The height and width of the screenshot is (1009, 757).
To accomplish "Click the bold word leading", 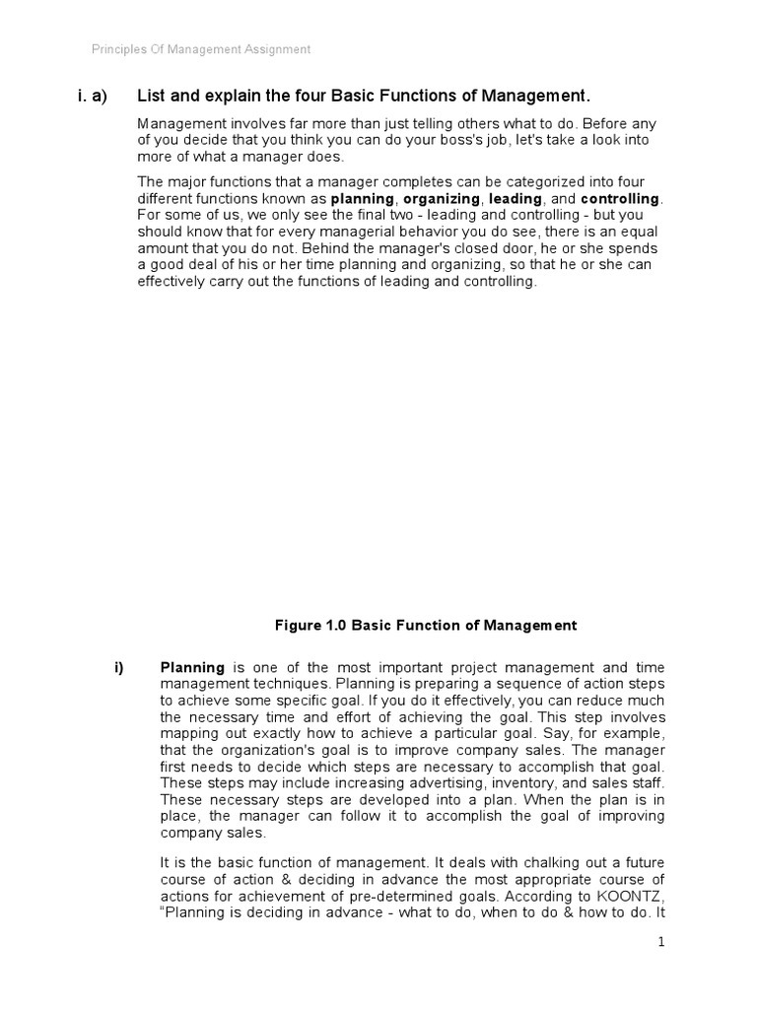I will point(516,198).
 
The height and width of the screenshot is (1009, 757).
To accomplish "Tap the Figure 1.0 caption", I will point(425,625).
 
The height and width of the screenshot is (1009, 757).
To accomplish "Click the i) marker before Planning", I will point(120,667).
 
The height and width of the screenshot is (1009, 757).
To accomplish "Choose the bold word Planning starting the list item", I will point(192,667).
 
